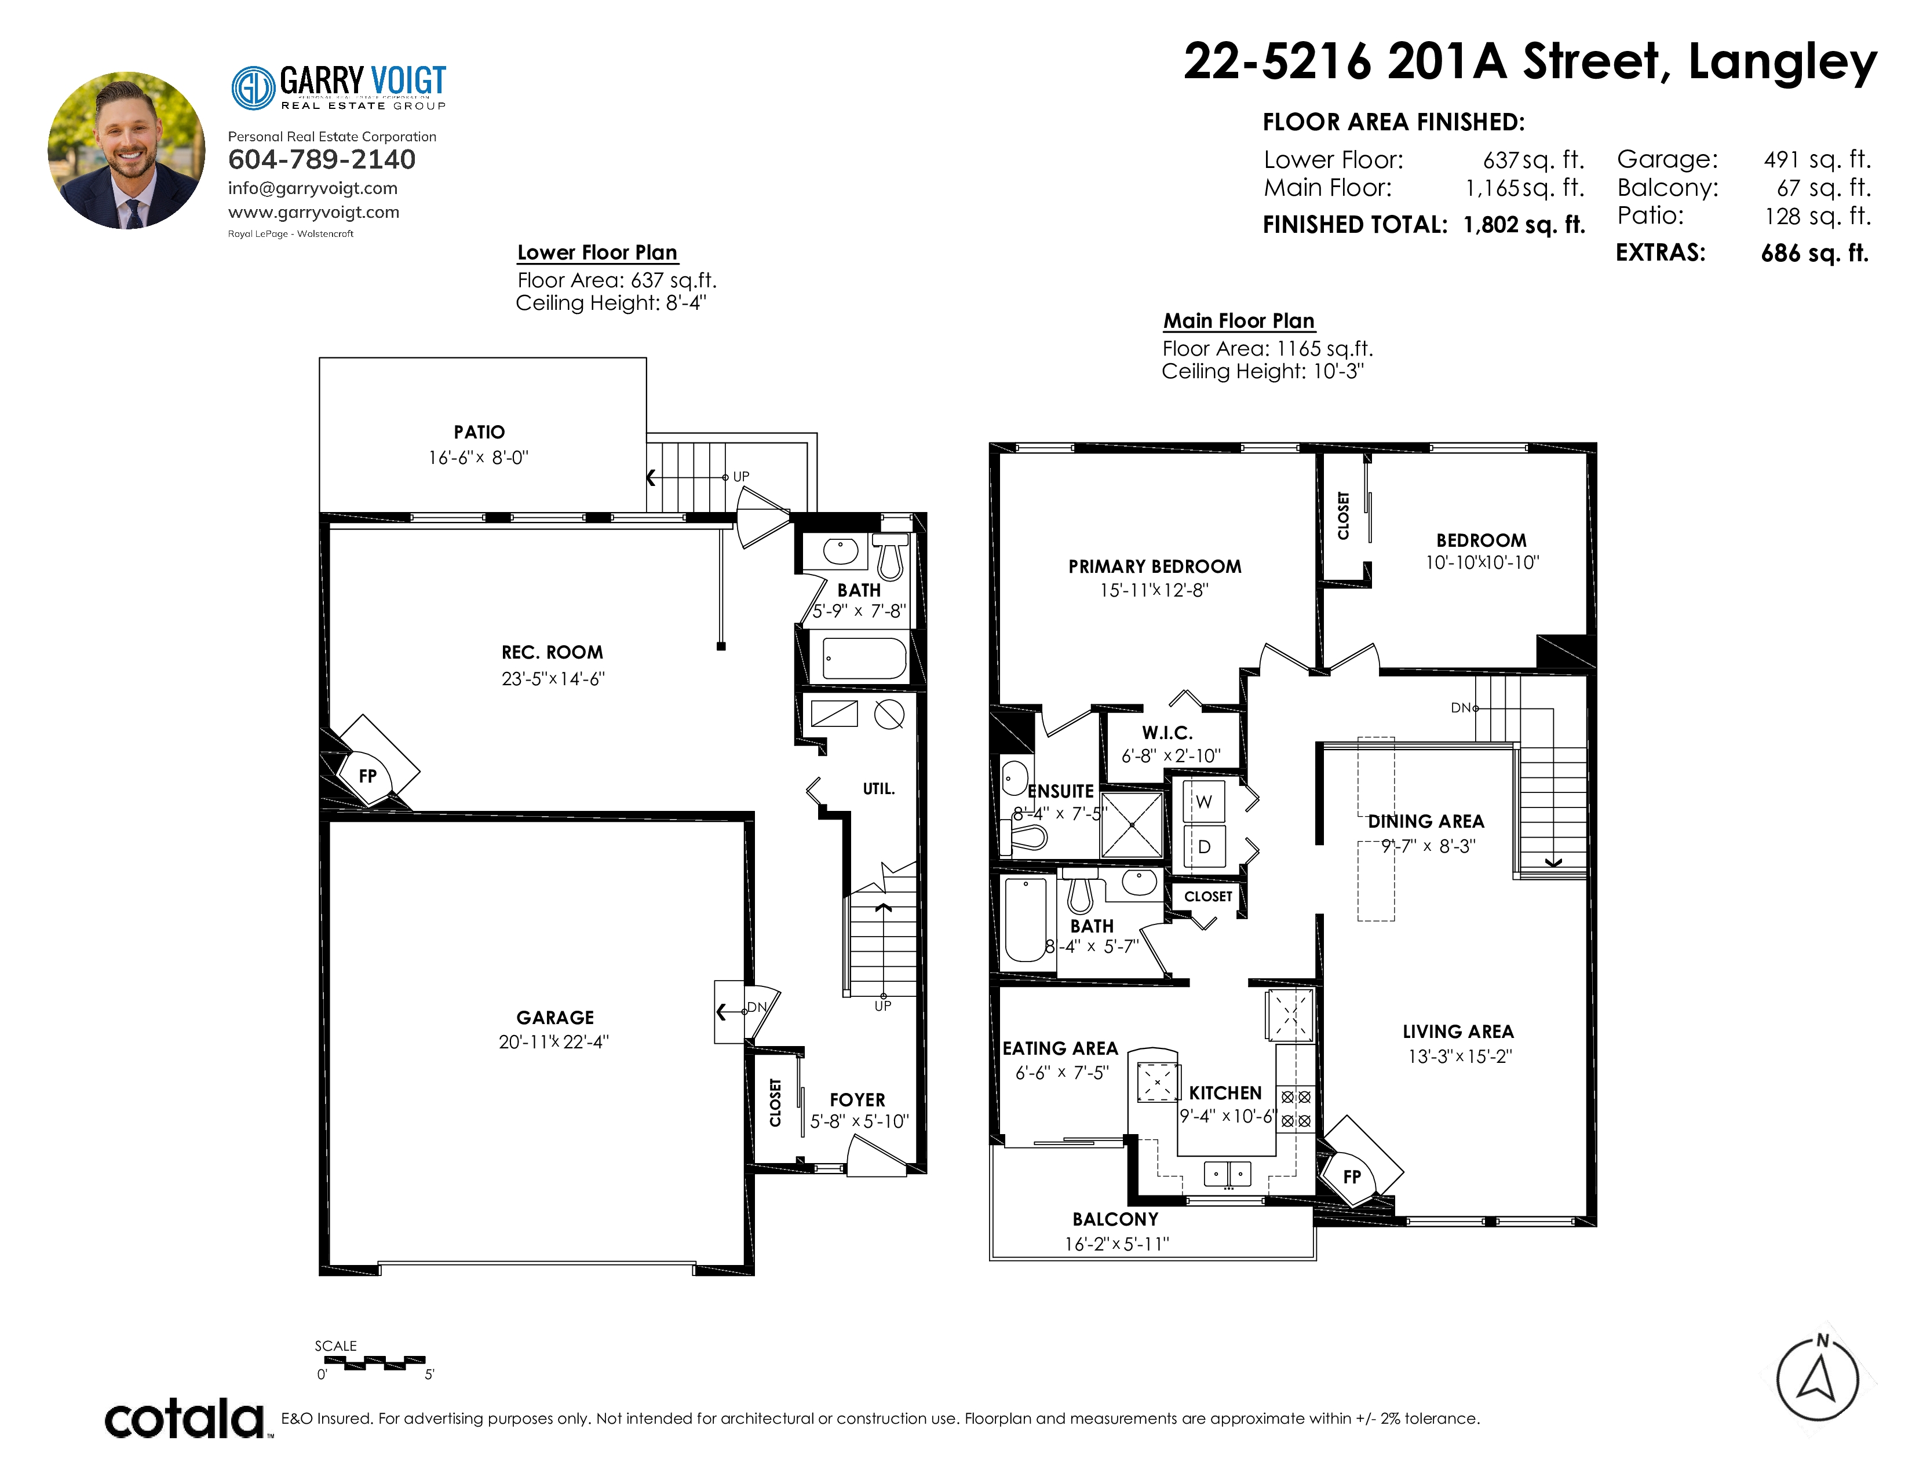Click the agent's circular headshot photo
(x=127, y=151)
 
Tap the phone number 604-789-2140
(x=322, y=159)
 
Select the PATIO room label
(x=479, y=432)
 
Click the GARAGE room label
(x=555, y=1018)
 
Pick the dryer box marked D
(x=1204, y=847)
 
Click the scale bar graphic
(x=375, y=1362)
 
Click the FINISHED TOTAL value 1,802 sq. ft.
(x=1524, y=225)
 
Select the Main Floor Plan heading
(x=1239, y=321)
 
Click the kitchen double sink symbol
(x=1227, y=1173)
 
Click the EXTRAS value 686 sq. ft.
(x=1815, y=254)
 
